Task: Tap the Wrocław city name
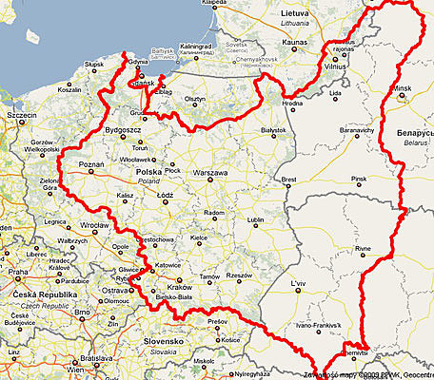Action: [94, 225]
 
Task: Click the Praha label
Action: [19, 272]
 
